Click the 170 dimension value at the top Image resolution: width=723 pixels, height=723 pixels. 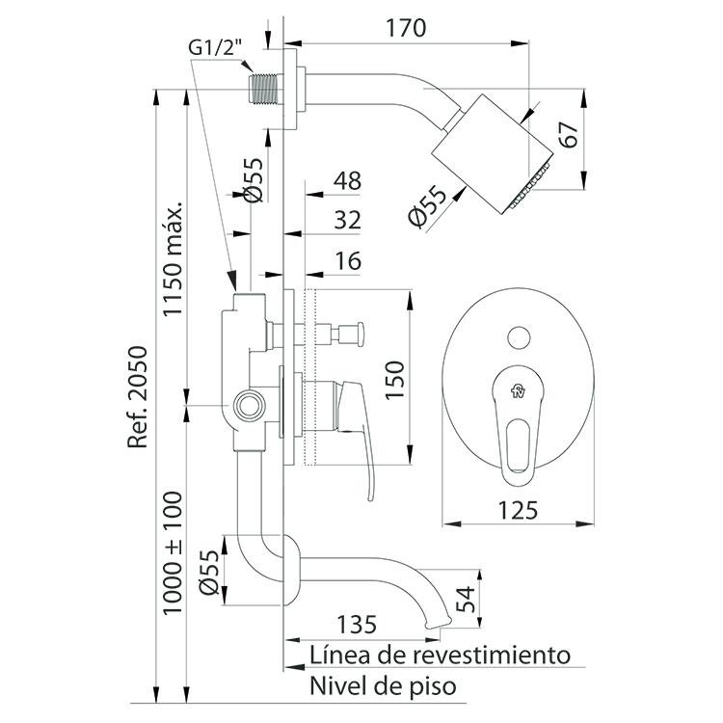(x=406, y=28)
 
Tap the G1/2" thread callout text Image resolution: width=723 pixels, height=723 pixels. (x=216, y=47)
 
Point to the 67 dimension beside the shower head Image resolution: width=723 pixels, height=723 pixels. (x=570, y=134)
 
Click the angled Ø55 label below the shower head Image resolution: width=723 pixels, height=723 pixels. (x=427, y=206)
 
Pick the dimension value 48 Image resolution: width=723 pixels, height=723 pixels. (x=348, y=180)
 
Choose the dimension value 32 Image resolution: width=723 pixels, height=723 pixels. (x=348, y=220)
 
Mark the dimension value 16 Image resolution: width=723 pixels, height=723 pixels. (x=349, y=261)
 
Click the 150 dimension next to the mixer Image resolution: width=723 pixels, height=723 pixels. (x=394, y=380)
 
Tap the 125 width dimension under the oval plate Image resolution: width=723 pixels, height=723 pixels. (x=518, y=510)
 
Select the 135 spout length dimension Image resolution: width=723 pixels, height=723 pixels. (x=357, y=625)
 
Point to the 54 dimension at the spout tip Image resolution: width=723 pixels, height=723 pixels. (x=466, y=599)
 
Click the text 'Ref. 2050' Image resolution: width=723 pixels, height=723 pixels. (x=138, y=396)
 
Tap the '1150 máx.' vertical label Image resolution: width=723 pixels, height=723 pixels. (x=174, y=258)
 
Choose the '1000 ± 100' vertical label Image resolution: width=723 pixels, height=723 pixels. (x=174, y=552)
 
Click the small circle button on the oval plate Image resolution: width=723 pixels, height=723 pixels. (x=519, y=338)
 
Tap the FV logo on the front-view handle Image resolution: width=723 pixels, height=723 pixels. (x=518, y=391)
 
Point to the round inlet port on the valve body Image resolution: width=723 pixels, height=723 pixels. (x=250, y=405)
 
